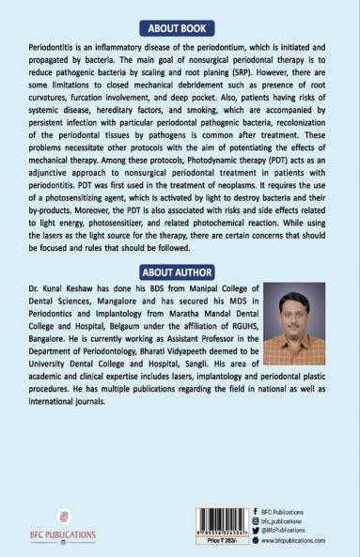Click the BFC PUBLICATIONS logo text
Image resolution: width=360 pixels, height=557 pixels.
(64, 536)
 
